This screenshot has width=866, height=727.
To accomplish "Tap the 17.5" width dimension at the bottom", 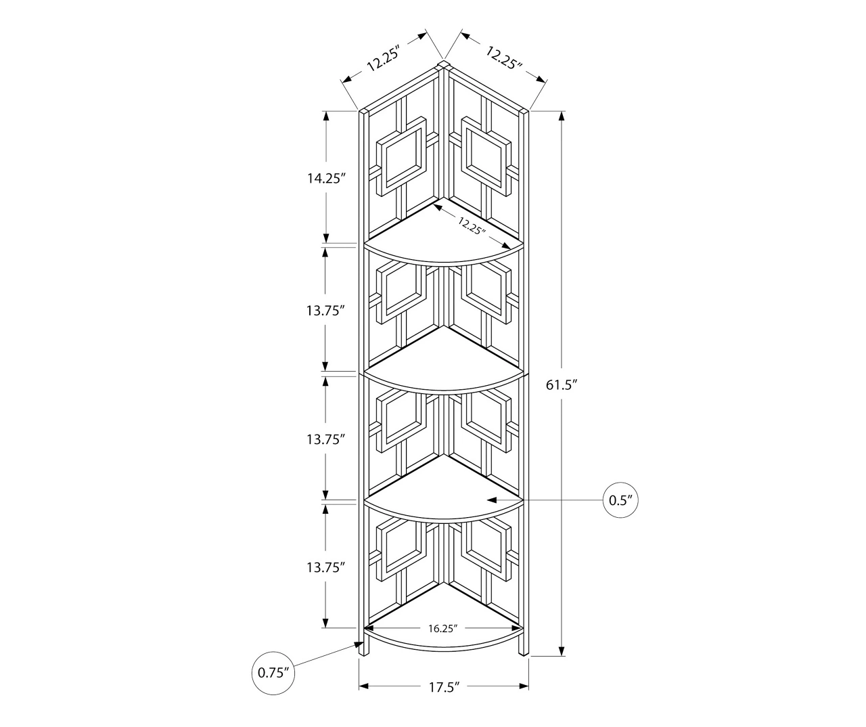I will pyautogui.click(x=444, y=687).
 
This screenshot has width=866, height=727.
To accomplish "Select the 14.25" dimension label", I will pyautogui.click(x=326, y=179).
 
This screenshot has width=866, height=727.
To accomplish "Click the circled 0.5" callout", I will pyautogui.click(x=620, y=500).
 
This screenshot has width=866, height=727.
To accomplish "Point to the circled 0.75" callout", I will pyautogui.click(x=274, y=673).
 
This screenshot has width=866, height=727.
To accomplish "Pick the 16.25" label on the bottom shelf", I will pyautogui.click(x=443, y=628).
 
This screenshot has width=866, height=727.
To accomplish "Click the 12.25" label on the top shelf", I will pyautogui.click(x=472, y=225).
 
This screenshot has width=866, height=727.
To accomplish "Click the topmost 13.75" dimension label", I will pyautogui.click(x=326, y=310).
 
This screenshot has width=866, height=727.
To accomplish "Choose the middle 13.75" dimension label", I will pyautogui.click(x=326, y=439).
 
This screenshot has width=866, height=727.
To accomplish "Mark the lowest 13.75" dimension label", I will pyautogui.click(x=326, y=567).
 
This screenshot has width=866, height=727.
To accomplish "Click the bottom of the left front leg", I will pyautogui.click(x=364, y=654).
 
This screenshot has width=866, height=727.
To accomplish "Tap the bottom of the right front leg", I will pyautogui.click(x=524, y=653).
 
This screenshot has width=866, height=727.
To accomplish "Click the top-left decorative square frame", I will pyautogui.click(x=403, y=155).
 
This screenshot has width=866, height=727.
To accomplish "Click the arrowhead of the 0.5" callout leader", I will pyautogui.click(x=493, y=501).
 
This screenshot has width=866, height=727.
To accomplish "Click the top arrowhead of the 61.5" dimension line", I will pyautogui.click(x=561, y=114).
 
